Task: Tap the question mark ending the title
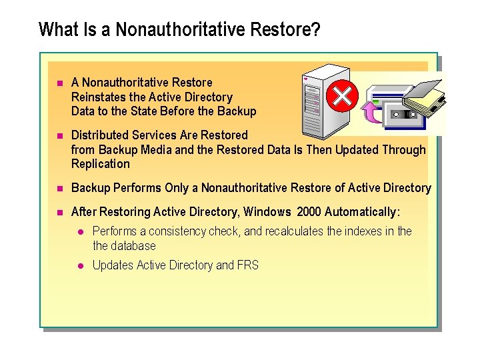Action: point(315,30)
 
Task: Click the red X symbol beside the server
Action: point(342,97)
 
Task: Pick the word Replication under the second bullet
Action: point(101,164)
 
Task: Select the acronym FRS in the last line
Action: point(247,265)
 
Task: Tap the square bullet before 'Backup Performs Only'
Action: point(59,189)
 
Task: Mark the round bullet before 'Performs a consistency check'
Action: point(79,232)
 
